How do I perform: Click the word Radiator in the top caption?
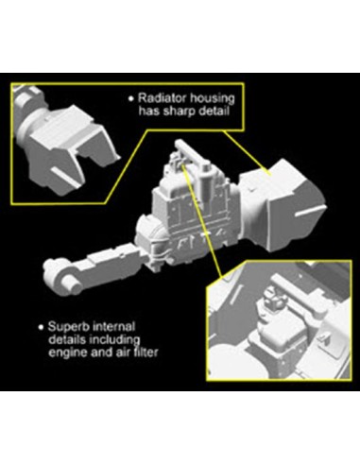pyautogui.click(x=160, y=98)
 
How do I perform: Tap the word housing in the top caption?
pyautogui.click(x=210, y=99)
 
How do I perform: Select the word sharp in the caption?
pyautogui.click(x=178, y=112)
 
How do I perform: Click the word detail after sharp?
pyautogui.click(x=212, y=111)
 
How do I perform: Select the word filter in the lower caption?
pyautogui.click(x=146, y=352)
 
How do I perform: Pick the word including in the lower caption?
pyautogui.click(x=114, y=340)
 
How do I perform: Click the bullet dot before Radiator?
pyautogui.click(x=131, y=98)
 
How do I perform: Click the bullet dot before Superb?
pyautogui.click(x=41, y=327)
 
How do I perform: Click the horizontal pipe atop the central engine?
pyautogui.click(x=192, y=152)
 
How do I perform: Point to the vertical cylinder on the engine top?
pyautogui.click(x=207, y=183)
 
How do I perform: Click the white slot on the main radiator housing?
pyautogui.click(x=310, y=211)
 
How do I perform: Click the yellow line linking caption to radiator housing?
pyautogui.click(x=246, y=152)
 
